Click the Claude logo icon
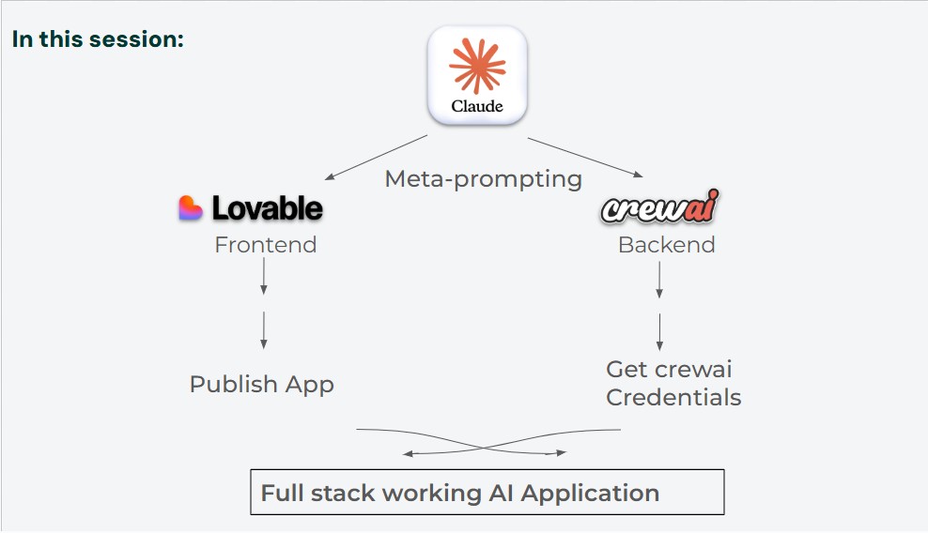point(477,75)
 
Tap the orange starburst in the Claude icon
point(477,66)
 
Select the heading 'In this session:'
point(98,39)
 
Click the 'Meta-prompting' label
point(484,178)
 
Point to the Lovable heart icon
point(191,208)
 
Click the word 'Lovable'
point(268,208)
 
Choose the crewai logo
point(660,208)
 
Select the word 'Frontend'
point(266,245)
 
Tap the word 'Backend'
point(667,245)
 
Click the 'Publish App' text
point(262,384)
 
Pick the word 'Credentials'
point(673,397)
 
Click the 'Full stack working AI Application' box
point(487,493)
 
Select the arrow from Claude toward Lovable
point(376,157)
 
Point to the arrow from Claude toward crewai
point(585,157)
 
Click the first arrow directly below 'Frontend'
point(264,276)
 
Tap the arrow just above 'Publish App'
point(264,329)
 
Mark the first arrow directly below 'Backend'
point(659,280)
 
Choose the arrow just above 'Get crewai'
point(659,331)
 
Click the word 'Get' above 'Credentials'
point(626,369)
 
